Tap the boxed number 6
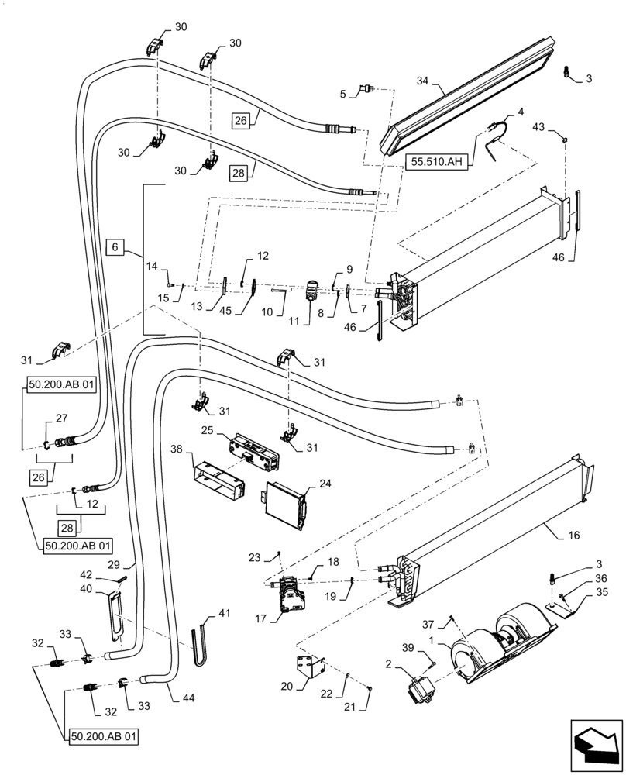[x=114, y=247]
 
